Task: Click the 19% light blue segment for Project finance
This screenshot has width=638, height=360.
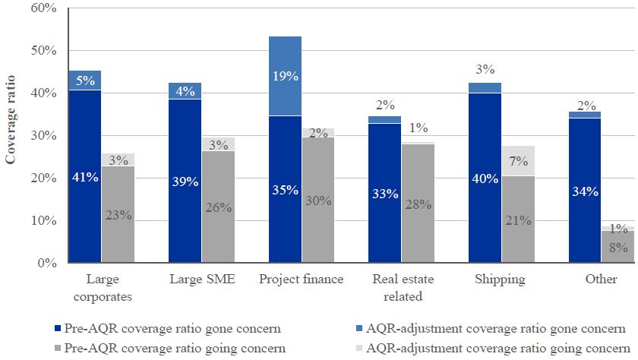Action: click(285, 76)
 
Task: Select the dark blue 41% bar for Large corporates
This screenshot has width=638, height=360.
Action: click(85, 176)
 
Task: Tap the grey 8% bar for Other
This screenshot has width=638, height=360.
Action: click(617, 247)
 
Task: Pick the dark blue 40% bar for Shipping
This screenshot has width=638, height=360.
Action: click(485, 178)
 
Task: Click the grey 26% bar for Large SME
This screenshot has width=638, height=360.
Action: click(218, 207)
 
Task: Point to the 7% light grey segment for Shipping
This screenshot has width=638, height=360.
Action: click(517, 161)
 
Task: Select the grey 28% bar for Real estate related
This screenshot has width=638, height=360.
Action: click(418, 204)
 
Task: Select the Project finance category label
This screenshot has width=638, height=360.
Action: click(302, 279)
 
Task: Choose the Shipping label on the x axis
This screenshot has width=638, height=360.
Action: click(501, 279)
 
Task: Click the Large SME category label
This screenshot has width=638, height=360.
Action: click(201, 279)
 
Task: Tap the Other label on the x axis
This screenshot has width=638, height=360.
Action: click(601, 279)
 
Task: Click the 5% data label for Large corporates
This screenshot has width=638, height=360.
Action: click(85, 78)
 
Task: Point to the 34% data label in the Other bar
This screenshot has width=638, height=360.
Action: click(584, 191)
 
